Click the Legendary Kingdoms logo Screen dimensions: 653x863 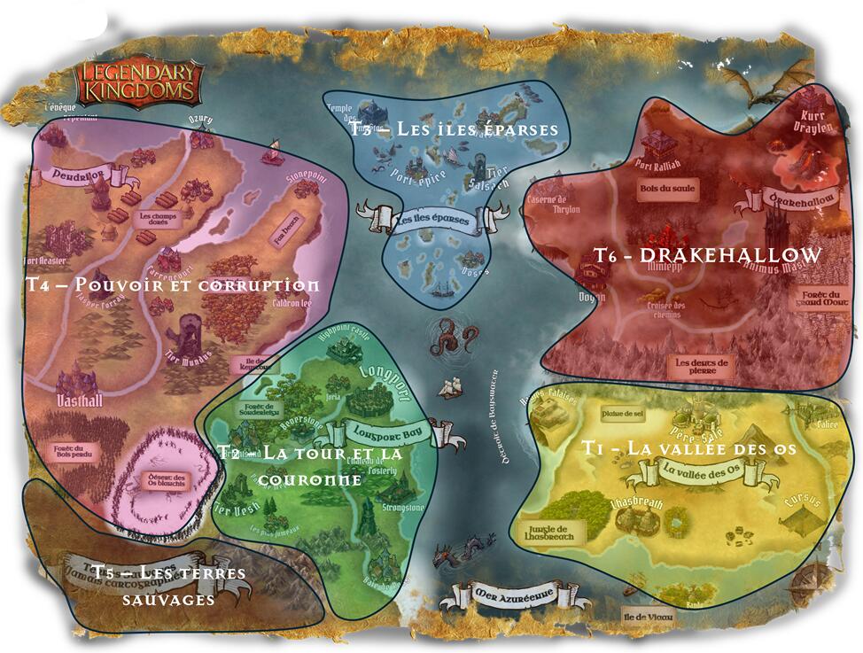[138, 81]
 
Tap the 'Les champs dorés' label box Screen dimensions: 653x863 [158, 218]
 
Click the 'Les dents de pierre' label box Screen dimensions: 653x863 [701, 367]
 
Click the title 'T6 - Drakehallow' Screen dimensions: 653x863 [706, 255]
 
